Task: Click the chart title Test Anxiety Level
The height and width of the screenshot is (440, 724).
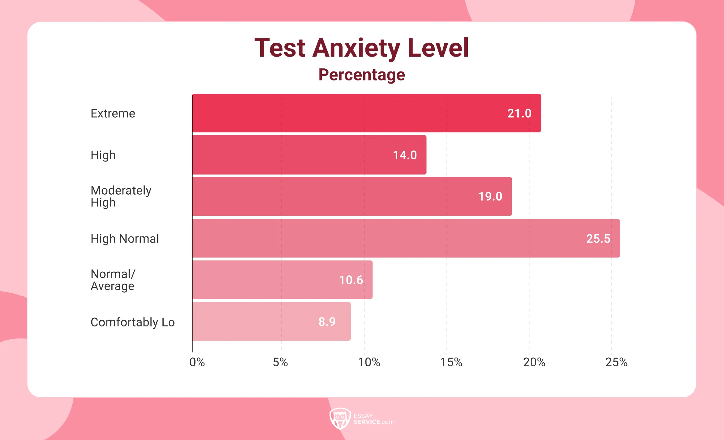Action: pos(361,48)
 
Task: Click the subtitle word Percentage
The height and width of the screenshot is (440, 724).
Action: pos(361,75)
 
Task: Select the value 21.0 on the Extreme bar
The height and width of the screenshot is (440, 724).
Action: pos(519,114)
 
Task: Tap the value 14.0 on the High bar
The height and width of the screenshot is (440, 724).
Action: pos(404,155)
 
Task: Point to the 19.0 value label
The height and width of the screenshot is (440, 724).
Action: pos(490,196)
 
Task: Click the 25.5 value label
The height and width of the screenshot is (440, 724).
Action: pos(598,239)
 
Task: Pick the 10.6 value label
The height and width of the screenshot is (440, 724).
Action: pos(351,280)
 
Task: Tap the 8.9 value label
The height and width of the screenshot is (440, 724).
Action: pos(327,322)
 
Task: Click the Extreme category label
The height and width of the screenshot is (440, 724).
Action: pos(113,114)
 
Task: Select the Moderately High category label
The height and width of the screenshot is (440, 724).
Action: pos(121,196)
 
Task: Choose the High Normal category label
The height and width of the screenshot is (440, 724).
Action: pos(124,239)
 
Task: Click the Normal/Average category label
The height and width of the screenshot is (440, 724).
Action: pos(113,280)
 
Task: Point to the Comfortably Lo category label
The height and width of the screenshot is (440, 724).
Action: pos(132,322)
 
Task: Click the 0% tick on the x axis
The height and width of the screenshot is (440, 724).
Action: pos(197,362)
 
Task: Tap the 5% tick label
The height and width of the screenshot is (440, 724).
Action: pos(280,362)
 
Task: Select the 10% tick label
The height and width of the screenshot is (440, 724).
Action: pos(369,362)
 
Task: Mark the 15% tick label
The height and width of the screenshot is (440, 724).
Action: pos(451,362)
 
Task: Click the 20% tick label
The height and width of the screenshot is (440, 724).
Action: pos(534,362)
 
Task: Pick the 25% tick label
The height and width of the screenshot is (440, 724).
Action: pos(616,362)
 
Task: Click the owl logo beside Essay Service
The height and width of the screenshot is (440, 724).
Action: pos(340,418)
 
